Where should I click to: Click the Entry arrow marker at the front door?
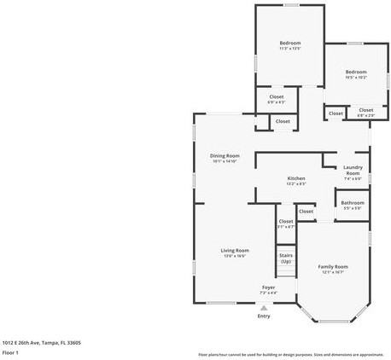click(263, 308)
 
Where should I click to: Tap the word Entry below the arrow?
click(264, 316)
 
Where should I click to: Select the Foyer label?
click(268, 287)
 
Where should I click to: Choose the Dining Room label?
click(225, 155)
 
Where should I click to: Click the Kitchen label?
click(295, 178)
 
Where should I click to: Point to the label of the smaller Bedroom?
click(355, 72)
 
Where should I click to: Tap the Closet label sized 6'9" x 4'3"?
click(277, 97)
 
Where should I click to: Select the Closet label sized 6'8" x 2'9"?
click(365, 110)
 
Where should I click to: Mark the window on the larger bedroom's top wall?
click(291, 5)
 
